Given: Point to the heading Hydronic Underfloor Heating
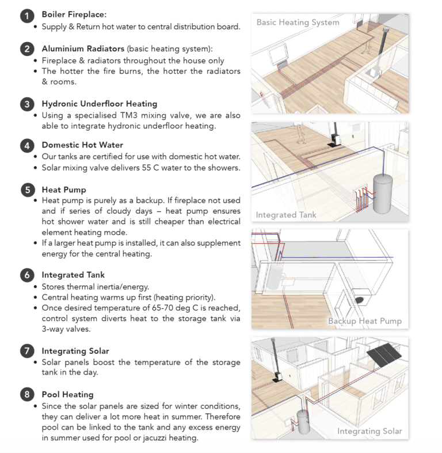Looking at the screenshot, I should tap(99, 104).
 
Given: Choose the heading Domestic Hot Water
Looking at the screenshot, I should tap(82, 145).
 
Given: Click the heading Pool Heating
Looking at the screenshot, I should tap(67, 395).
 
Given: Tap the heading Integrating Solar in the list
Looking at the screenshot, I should tap(75, 350).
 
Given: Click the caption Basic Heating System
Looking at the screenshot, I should tap(298, 22).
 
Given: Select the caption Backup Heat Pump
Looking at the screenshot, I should tap(364, 321).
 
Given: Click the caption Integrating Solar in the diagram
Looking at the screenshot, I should tap(369, 431).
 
